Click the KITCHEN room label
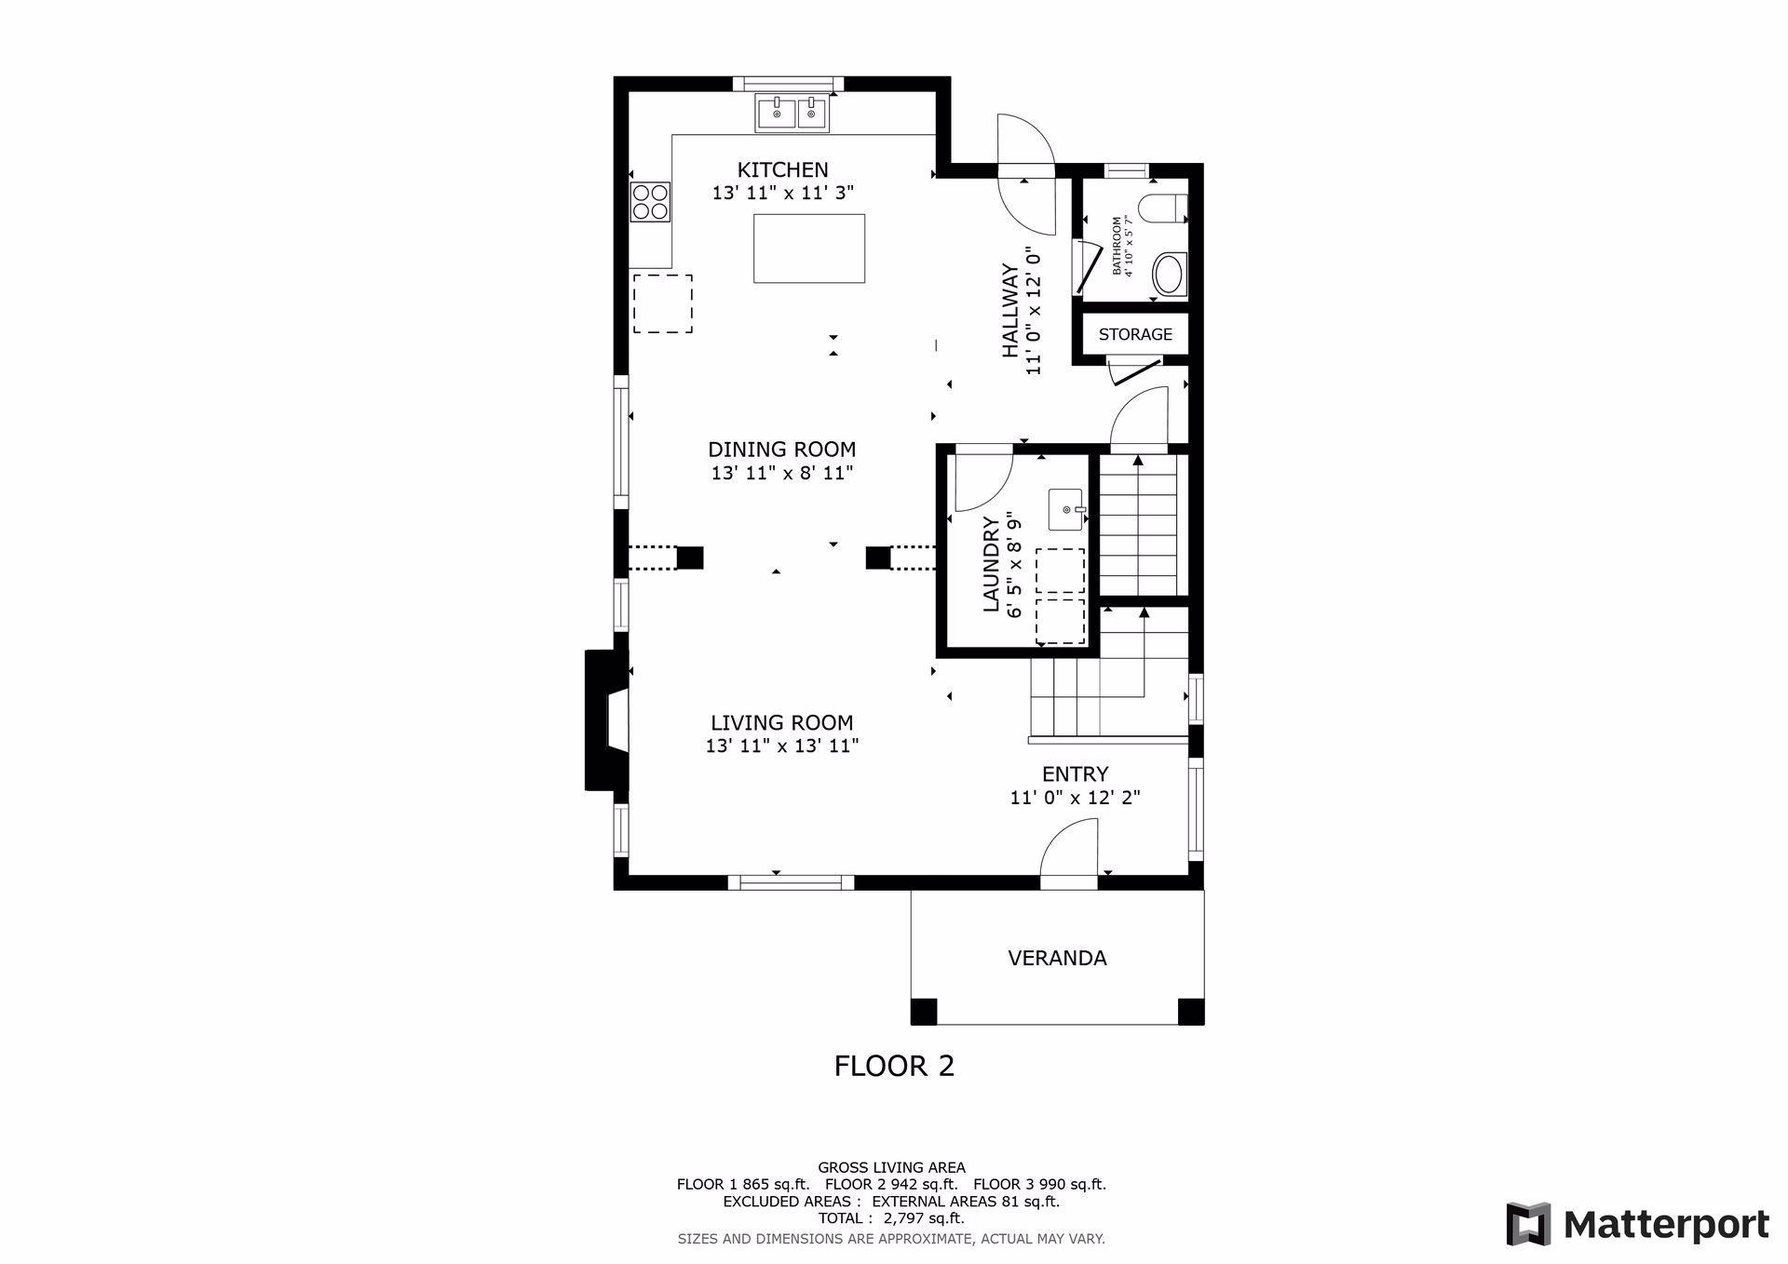(782, 169)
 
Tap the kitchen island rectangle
(809, 249)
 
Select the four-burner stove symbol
(651, 202)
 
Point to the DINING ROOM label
(782, 450)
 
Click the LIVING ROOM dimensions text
(782, 746)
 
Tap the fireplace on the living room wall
(606, 720)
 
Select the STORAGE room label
(1135, 334)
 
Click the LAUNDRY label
(991, 565)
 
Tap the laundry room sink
(1067, 509)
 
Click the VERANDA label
(1057, 958)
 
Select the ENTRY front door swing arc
(1062, 836)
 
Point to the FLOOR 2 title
(894, 1066)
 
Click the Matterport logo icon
(1529, 1224)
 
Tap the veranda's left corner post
(924, 1012)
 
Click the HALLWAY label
(1010, 311)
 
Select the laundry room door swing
(983, 482)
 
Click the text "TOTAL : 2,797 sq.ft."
(891, 1218)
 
